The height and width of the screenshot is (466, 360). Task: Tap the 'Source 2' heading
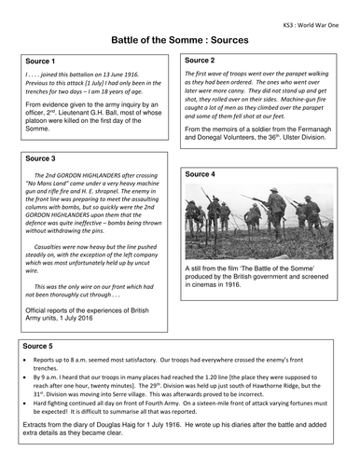click(x=204, y=60)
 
